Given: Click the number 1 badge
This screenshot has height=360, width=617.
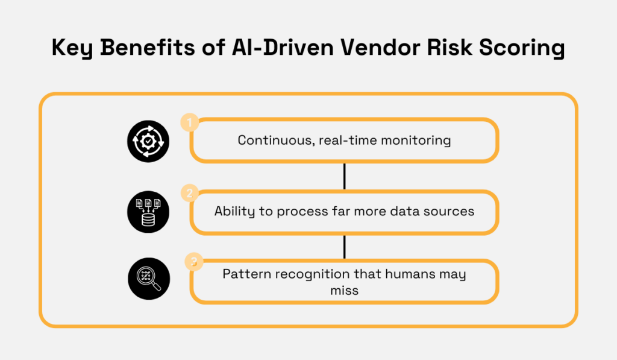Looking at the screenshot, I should pos(190,124).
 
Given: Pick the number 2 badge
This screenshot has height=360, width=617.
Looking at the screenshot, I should pos(190,194).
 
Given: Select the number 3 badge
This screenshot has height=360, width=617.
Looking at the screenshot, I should pos(193,262).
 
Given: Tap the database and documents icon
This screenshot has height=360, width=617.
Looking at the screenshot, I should pos(148,212).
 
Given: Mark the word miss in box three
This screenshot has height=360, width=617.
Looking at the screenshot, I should pos(344,290).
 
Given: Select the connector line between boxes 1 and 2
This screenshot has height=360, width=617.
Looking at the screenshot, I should pos(344,176).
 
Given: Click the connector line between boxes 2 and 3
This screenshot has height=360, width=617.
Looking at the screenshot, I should pos(344,246).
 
